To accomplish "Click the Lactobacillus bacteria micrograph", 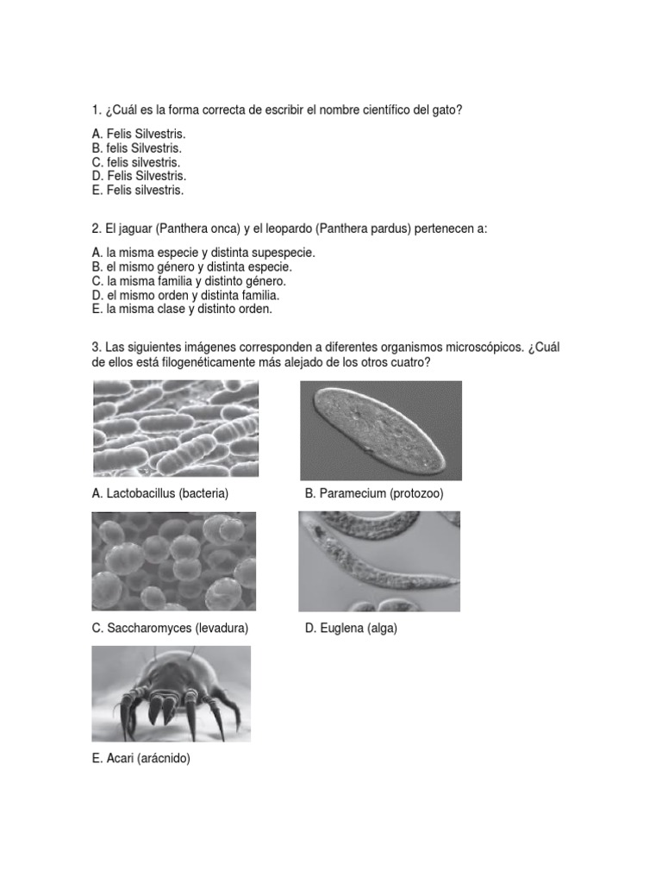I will [x=175, y=429].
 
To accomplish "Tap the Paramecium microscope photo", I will [x=380, y=430].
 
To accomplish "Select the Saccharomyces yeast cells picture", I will [x=174, y=561].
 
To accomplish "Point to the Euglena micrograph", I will [x=379, y=561].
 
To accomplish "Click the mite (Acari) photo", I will [x=172, y=693].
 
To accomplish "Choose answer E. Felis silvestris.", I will [x=138, y=190].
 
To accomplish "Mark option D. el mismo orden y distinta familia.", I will [x=185, y=295].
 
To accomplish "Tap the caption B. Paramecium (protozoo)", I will [x=374, y=493].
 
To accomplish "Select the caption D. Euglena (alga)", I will [x=351, y=628].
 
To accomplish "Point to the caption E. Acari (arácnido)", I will [x=141, y=759].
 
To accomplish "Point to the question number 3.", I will [x=96, y=347].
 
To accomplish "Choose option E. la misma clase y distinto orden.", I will [x=182, y=309].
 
